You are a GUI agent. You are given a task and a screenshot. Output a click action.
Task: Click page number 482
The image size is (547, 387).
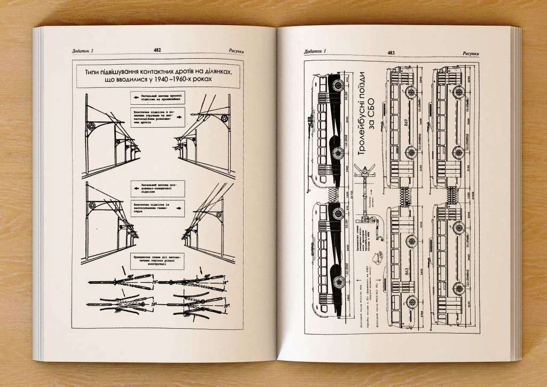pyautogui.click(x=157, y=50)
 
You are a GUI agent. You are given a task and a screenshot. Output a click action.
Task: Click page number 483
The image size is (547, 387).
pyautogui.click(x=391, y=52)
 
